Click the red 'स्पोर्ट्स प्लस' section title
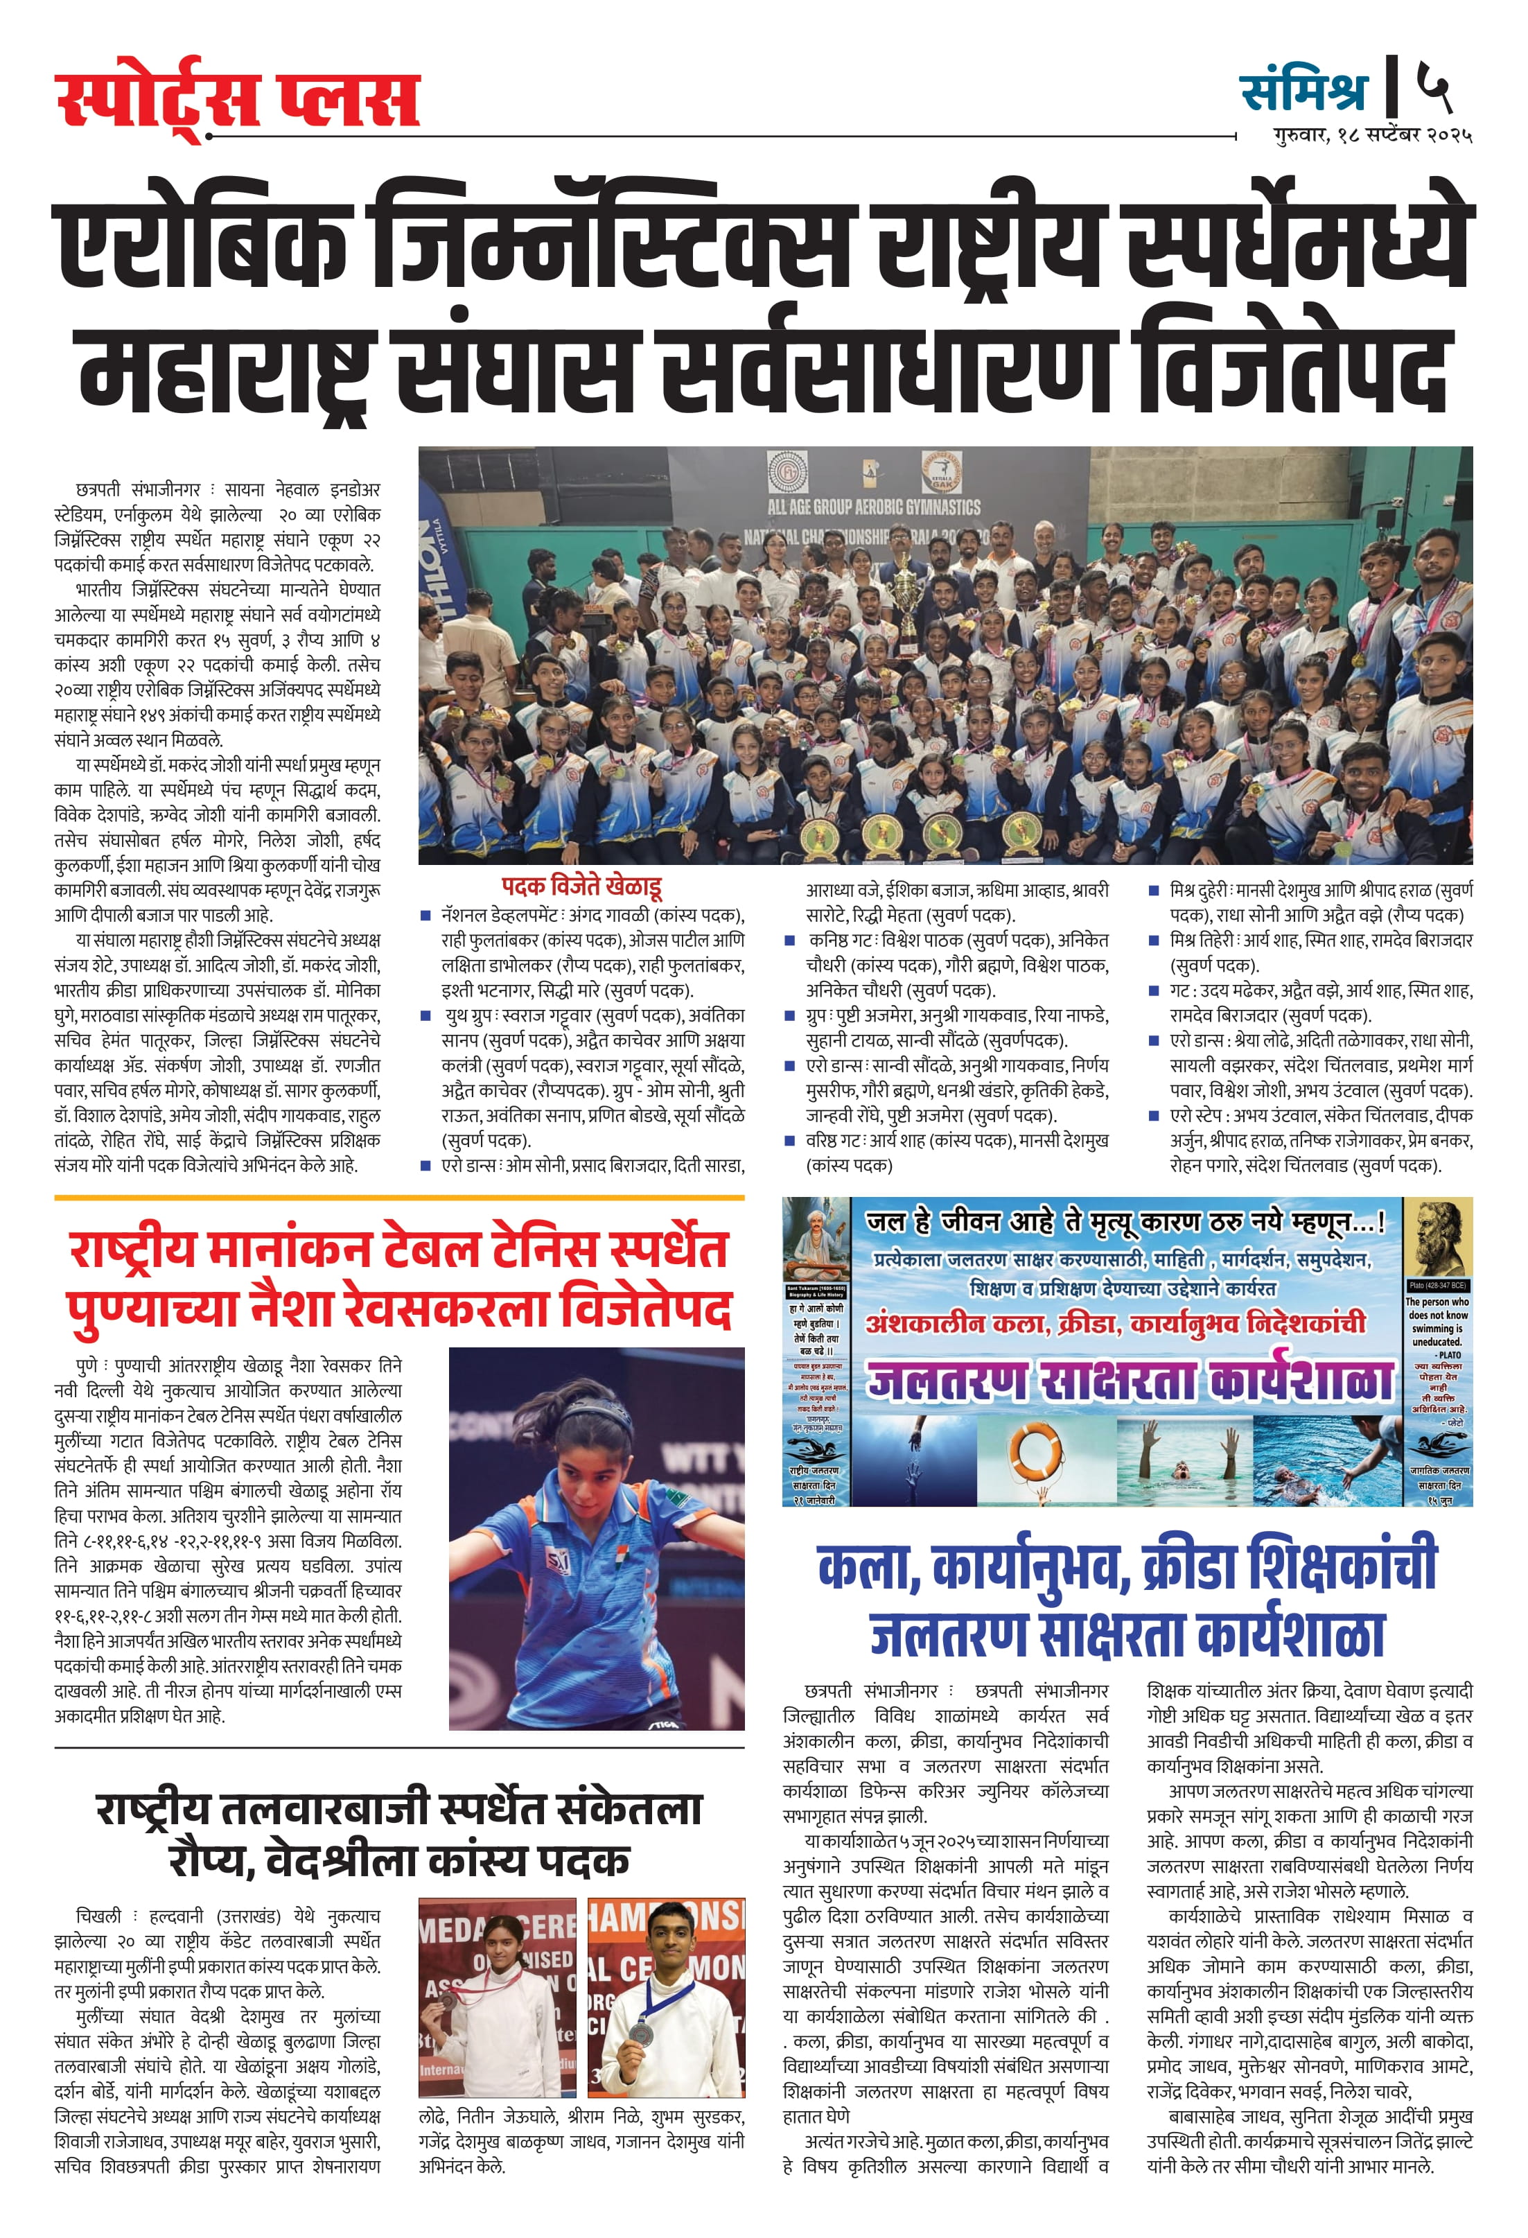tap(237, 100)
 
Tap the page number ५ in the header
tap(1434, 87)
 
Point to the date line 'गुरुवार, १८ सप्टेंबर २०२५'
tap(1373, 136)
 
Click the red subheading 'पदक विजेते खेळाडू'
tap(581, 886)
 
